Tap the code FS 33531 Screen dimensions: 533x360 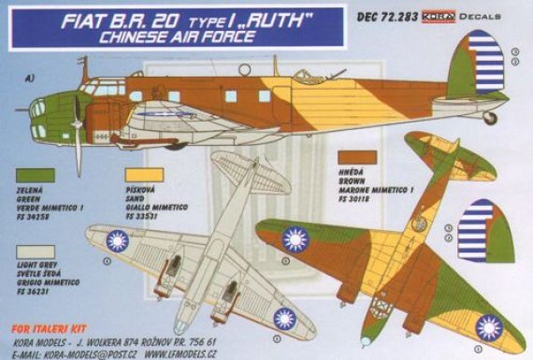(x=159, y=213)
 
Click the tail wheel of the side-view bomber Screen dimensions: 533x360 (x=490, y=119)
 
